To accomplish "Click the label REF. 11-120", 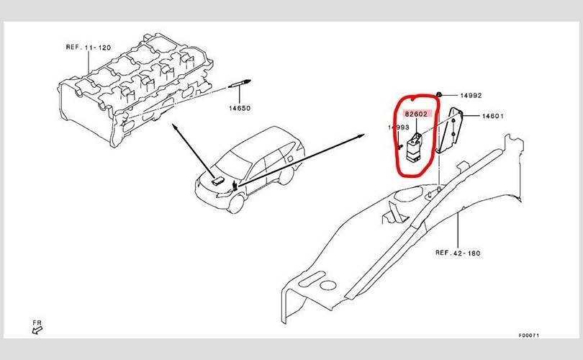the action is [89, 48].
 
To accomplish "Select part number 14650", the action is [240, 108].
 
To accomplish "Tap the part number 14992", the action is [471, 96].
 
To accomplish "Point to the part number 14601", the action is [492, 116].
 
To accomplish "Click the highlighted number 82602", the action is [416, 114].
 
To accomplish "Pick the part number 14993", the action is [399, 127].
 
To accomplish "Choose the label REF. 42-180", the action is [458, 253].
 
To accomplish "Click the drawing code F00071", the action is [529, 336].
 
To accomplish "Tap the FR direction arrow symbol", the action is [37, 330].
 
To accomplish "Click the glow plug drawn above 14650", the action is [240, 84].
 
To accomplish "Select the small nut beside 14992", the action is [439, 95].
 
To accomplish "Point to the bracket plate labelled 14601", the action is [450, 130].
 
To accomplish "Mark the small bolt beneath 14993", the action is [399, 146].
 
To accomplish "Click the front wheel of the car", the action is [237, 204].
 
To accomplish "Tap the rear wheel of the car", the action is [286, 176].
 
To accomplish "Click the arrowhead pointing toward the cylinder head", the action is [174, 127].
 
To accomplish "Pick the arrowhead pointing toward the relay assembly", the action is [361, 136].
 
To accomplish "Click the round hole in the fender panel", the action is [328, 285].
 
